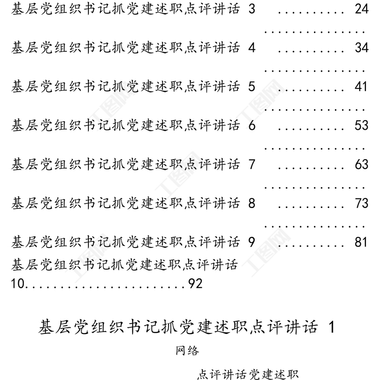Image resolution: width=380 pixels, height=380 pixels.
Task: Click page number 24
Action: pos(361,9)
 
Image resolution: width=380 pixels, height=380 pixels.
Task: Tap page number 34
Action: pos(361,48)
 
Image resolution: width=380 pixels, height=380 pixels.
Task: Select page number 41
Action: pos(361,87)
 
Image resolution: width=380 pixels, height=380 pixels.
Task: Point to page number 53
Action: pos(361,125)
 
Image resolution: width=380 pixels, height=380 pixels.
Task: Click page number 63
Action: pos(361,164)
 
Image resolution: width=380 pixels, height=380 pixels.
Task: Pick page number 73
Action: pos(361,203)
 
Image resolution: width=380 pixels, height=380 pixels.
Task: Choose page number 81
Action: pos(361,242)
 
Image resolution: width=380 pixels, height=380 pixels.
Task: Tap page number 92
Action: pos(195,284)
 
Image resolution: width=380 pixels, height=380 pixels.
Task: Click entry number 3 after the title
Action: pos(252,9)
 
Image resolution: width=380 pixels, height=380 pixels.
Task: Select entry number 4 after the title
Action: pos(252,48)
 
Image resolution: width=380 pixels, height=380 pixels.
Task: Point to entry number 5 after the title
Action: pos(252,87)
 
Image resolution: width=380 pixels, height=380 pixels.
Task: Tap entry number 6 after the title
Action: pos(252,125)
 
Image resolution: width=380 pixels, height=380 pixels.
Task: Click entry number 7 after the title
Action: pos(252,164)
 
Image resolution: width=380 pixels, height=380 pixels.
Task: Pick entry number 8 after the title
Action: pos(252,203)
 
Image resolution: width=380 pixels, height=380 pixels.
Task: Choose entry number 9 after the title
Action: pos(252,242)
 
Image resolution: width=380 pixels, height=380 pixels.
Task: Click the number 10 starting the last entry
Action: pos(18,284)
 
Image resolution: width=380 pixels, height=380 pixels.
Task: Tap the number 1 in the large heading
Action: pos(332,327)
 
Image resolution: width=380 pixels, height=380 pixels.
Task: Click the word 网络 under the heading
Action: pos(187,351)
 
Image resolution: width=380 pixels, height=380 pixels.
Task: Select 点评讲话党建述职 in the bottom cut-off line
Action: pos(247,374)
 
